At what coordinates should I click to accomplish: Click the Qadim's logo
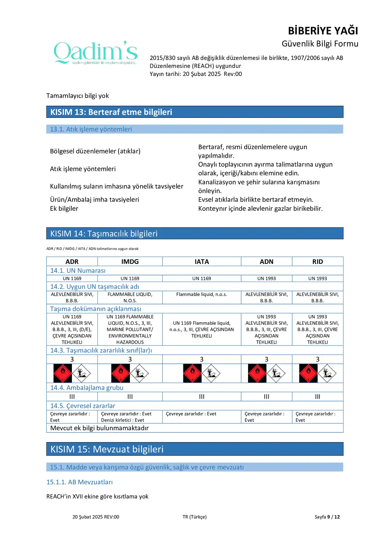click(x=96, y=52)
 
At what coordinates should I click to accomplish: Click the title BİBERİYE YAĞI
click(x=323, y=31)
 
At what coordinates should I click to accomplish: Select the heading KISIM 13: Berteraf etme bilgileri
click(x=111, y=112)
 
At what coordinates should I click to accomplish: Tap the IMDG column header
click(x=130, y=262)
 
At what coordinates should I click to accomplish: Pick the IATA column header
click(x=201, y=262)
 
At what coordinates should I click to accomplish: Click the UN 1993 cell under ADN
click(x=266, y=278)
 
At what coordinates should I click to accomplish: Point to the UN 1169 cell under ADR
click(x=72, y=278)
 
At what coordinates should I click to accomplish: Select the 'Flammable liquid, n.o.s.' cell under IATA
click(x=201, y=295)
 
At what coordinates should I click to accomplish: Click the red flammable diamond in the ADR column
click(x=63, y=373)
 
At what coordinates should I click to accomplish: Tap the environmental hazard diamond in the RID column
click(x=327, y=373)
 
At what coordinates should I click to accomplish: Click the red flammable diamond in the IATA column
click(x=192, y=373)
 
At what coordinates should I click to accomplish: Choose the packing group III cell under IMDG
click(x=130, y=397)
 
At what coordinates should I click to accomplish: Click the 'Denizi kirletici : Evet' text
click(x=122, y=420)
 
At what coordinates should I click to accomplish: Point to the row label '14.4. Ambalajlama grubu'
click(x=87, y=388)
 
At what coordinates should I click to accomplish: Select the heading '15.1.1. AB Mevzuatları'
click(x=79, y=482)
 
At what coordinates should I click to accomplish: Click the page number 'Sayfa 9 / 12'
click(x=327, y=517)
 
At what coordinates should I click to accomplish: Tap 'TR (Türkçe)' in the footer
click(x=195, y=517)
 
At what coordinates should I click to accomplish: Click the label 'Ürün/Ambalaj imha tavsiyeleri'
click(x=95, y=200)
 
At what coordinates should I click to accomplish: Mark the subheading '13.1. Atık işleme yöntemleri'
click(x=91, y=129)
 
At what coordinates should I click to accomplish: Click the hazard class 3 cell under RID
click(x=317, y=359)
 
